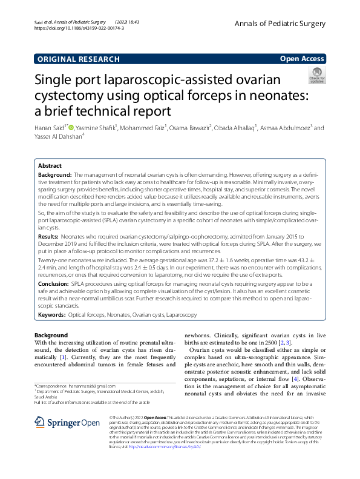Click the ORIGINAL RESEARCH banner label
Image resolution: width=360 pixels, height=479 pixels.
click(79, 59)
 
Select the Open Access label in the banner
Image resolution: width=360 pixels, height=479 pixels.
click(301, 59)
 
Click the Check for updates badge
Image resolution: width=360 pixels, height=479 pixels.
click(317, 76)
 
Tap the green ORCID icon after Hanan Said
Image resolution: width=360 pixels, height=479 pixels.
click(71, 128)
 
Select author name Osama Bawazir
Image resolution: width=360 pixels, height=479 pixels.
click(188, 128)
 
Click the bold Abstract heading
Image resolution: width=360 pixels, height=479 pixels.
click(50, 165)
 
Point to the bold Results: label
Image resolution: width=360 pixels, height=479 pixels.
click(54, 235)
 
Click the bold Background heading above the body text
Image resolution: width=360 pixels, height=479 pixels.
click(51, 335)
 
